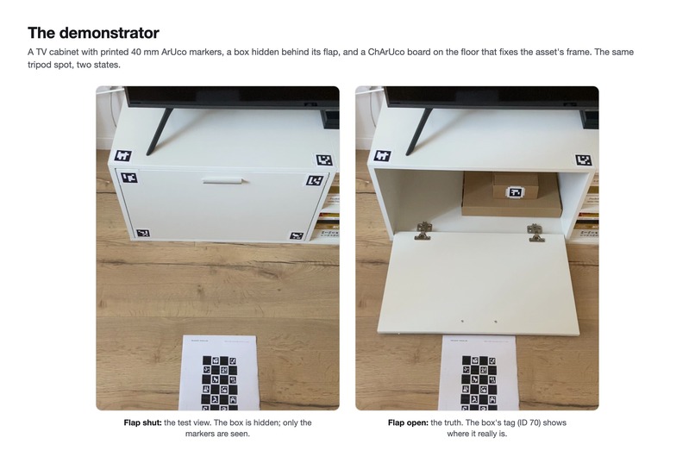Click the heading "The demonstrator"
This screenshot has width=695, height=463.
[93, 33]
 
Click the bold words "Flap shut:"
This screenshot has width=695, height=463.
[143, 422]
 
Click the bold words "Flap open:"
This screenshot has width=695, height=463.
[408, 422]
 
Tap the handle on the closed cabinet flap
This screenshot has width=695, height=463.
[223, 180]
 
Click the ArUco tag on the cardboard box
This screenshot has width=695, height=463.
[515, 192]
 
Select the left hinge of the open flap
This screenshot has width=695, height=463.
[423, 231]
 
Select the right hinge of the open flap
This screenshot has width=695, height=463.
[535, 233]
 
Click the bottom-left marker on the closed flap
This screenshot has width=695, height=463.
[143, 233]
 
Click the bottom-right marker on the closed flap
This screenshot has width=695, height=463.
[297, 235]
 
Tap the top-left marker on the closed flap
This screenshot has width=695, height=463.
[128, 178]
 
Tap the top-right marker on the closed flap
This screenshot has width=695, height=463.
[314, 180]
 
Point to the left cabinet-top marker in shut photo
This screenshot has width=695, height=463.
[122, 156]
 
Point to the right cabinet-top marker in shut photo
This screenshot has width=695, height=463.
[324, 160]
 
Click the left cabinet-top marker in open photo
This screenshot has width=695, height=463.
[382, 156]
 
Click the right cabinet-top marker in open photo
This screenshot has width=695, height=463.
[583, 160]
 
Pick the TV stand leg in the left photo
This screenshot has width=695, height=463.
[160, 131]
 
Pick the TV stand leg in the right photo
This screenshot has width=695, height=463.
[419, 131]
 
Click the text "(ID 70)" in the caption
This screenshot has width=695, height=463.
[532, 422]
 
